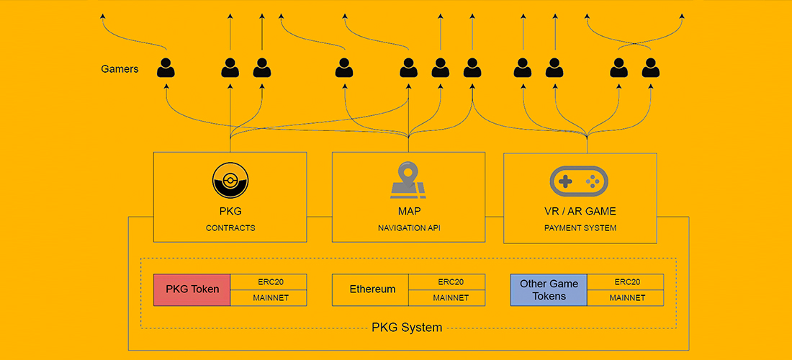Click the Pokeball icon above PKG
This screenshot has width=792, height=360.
230,181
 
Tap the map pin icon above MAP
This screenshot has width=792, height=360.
408,180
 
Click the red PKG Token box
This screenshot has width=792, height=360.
192,289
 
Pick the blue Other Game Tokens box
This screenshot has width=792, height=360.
549,289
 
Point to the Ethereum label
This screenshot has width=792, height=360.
372,289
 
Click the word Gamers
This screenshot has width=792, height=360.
120,70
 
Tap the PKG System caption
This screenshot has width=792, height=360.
407,328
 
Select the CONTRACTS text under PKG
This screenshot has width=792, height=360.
230,228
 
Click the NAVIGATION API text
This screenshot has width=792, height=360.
408,228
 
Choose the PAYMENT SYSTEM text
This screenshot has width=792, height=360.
580,228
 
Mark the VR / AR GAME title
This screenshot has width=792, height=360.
580,212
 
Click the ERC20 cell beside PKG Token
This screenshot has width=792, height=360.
269,282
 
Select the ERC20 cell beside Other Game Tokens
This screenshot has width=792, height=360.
625,282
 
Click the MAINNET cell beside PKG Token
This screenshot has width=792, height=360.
269,297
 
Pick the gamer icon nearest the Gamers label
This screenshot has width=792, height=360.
166,68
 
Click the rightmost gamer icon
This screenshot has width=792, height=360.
651,68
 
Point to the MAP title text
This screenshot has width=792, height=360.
408,212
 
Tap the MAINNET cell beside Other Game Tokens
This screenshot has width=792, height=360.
625,297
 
